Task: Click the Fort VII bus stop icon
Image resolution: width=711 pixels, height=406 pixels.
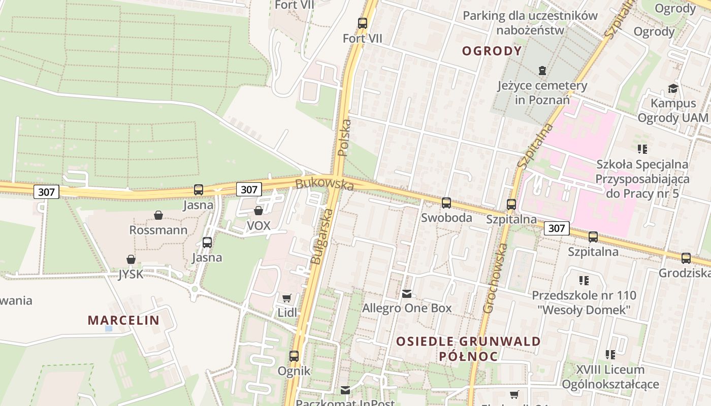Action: [x=362, y=23]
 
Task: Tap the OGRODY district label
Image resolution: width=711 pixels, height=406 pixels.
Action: [x=492, y=51]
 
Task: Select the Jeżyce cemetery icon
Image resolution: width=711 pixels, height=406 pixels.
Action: [x=542, y=70]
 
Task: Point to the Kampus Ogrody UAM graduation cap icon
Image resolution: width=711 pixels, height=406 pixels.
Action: [x=673, y=88]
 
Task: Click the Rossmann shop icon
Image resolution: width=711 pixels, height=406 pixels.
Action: [x=158, y=215]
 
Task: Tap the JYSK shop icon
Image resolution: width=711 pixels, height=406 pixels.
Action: [x=131, y=259]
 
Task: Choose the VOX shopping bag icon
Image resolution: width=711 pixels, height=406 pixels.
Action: [x=258, y=210]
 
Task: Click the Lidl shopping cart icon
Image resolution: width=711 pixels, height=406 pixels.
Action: [x=287, y=298]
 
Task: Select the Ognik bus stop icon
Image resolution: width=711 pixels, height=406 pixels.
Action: [x=294, y=356]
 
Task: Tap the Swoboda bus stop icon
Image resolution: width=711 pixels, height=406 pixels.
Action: [x=446, y=203]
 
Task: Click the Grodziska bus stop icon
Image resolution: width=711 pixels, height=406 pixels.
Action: [x=686, y=258]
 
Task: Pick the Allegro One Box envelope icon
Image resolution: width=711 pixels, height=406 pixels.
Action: [x=406, y=293]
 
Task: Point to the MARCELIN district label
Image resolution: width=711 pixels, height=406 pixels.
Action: [x=123, y=320]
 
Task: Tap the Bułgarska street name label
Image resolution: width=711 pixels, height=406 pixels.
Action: [x=320, y=237]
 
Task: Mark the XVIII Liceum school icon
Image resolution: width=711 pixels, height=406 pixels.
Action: [x=610, y=354]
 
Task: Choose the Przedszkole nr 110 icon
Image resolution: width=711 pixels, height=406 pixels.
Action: [x=584, y=280]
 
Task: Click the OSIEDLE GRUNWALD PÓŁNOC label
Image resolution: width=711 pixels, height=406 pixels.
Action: [x=468, y=348]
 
